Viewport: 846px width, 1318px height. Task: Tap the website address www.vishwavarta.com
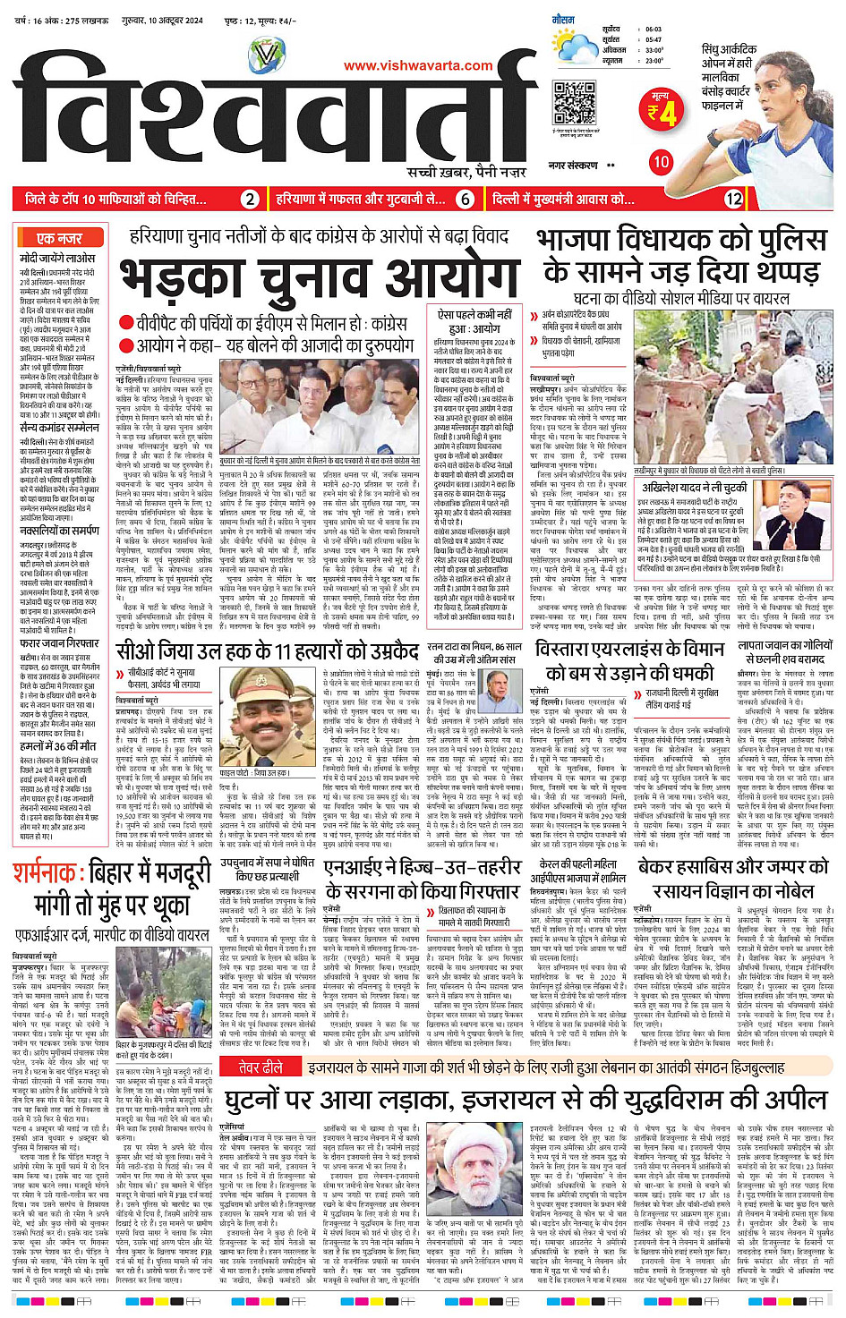click(x=418, y=65)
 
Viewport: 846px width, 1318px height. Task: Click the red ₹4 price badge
click(x=663, y=111)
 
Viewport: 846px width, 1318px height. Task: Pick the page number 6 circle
click(x=466, y=199)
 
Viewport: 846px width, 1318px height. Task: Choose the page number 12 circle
click(x=733, y=199)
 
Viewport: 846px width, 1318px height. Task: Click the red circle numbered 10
click(x=661, y=162)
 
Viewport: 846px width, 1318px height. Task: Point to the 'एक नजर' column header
click(x=59, y=238)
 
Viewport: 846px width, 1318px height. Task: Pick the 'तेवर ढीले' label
click(x=261, y=1067)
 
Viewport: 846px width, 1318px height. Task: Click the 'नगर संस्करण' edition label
click(x=573, y=166)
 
